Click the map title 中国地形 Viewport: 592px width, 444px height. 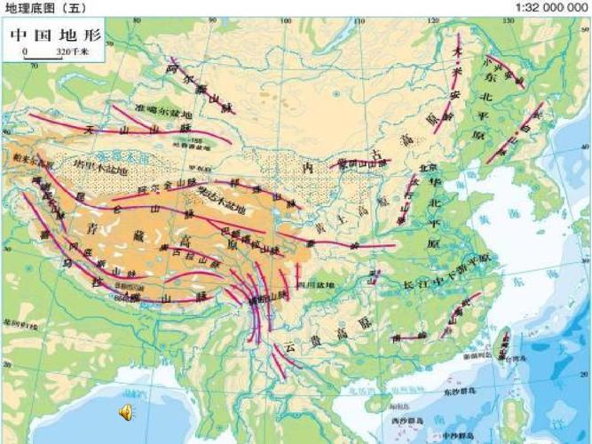point(55,36)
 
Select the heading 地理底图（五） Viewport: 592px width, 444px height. point(41,7)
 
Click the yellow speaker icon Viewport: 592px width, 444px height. point(126,410)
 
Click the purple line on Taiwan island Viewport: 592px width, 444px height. point(501,342)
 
